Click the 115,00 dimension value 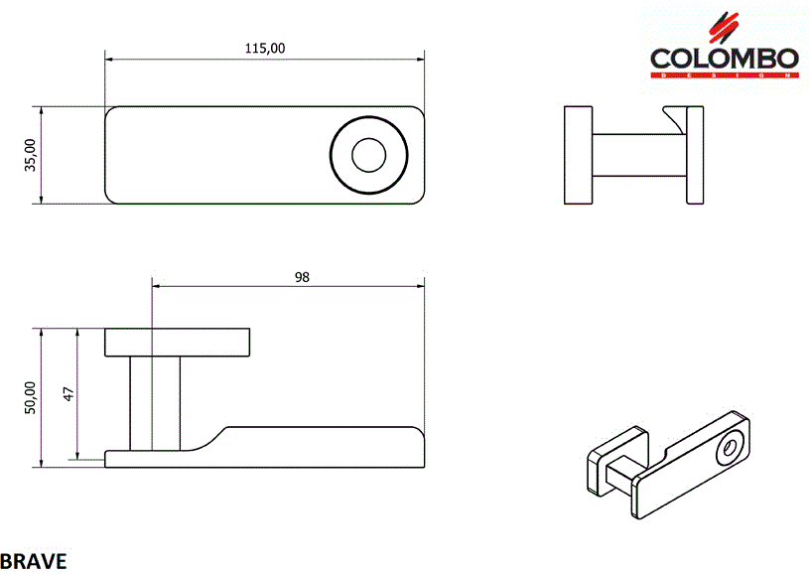point(265,48)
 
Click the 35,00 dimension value point(31,155)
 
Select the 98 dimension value point(302,277)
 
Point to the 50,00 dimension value point(31,397)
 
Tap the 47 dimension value point(68,394)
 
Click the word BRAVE point(34,561)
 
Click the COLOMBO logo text point(724,58)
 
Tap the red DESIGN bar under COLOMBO point(724,74)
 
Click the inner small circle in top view point(369,155)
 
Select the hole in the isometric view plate point(731,448)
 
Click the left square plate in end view point(578,155)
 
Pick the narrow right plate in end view point(694,155)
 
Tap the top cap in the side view point(177,342)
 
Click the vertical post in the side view point(155,402)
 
